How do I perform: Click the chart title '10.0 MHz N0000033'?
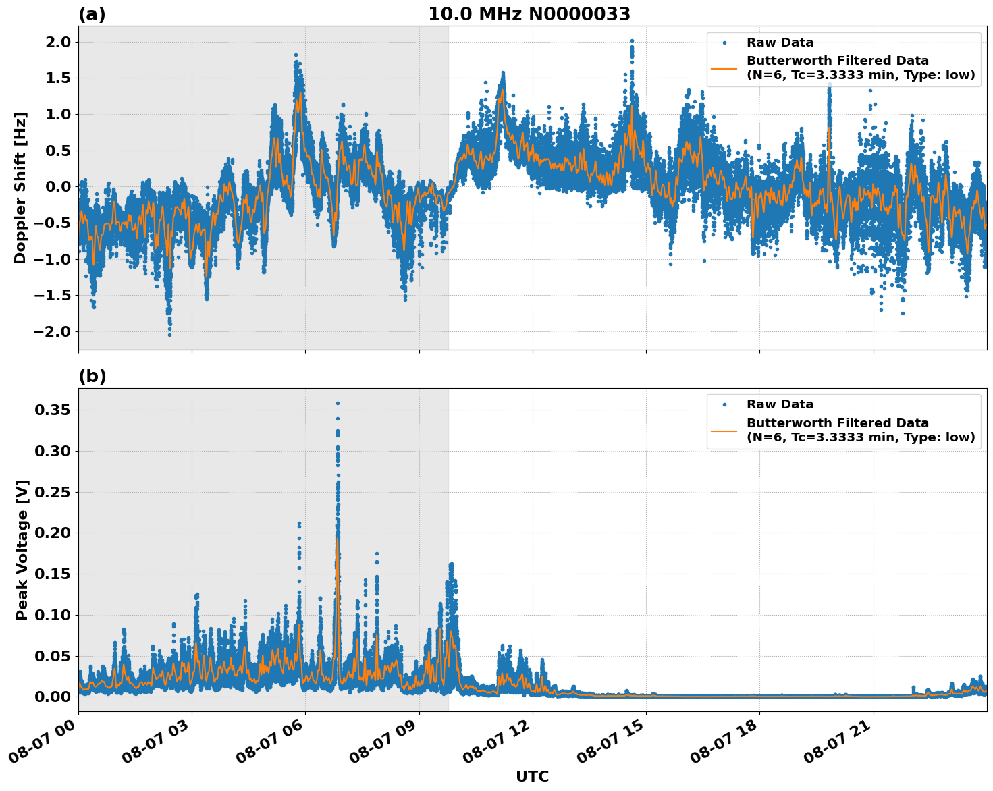pos(529,14)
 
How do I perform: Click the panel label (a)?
pos(92,14)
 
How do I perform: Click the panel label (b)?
pos(92,376)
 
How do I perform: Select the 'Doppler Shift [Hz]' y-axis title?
pos(20,188)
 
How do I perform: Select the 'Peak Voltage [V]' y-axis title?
pos(22,549)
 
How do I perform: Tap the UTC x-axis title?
pos(532,776)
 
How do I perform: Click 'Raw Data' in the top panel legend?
pos(780,43)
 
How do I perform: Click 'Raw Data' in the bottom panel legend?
pos(780,404)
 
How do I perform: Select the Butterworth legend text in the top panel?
pos(860,68)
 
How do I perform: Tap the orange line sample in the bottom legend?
pos(724,430)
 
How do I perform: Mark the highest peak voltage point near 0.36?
pos(338,403)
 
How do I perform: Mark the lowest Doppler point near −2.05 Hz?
pos(169,335)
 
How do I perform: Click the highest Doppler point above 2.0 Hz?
pos(632,40)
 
